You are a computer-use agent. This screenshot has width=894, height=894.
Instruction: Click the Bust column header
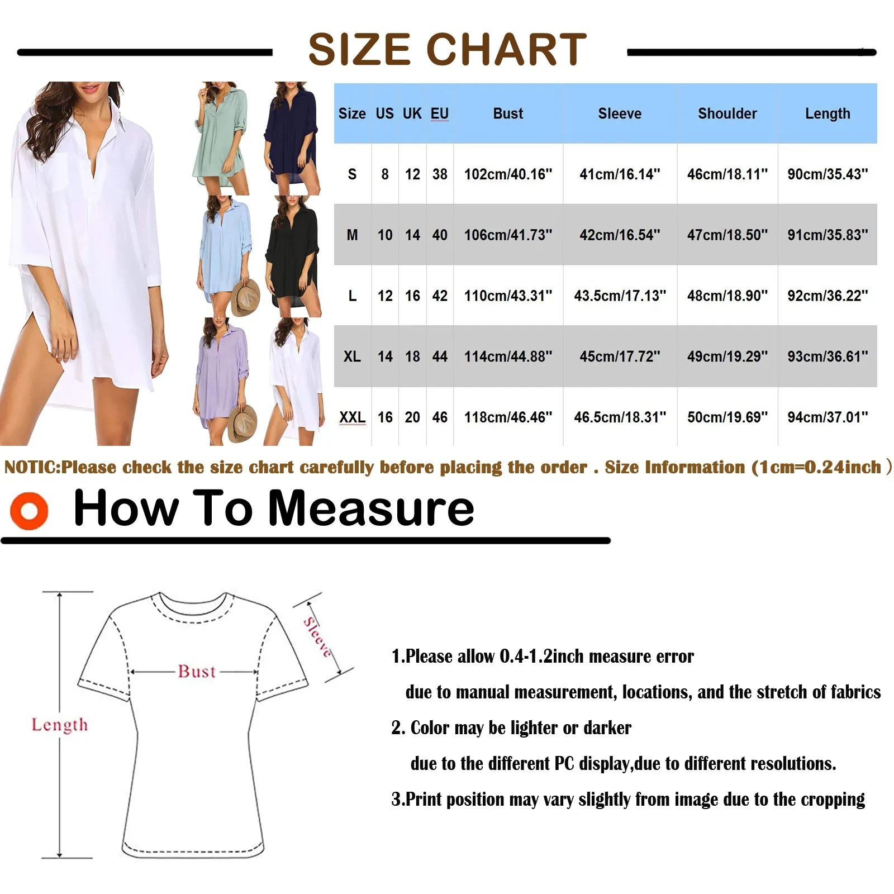(508, 113)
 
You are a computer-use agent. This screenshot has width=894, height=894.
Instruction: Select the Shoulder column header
(727, 113)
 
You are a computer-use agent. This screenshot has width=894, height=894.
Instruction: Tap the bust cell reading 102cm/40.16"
(508, 174)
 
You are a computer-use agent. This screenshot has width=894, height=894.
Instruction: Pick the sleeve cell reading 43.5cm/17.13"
(620, 296)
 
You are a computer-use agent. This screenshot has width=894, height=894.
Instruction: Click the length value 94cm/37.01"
(828, 417)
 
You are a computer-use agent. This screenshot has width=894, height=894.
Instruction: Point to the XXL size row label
(352, 417)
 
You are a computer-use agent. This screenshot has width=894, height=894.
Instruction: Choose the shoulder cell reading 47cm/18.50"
(727, 235)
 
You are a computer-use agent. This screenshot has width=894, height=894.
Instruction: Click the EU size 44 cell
(440, 356)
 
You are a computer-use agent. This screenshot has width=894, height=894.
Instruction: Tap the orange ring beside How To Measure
(29, 511)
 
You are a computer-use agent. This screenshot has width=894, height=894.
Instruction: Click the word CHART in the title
(506, 50)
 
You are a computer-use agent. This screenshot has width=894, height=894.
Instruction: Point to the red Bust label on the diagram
(197, 671)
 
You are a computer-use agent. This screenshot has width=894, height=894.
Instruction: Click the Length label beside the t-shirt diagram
(59, 725)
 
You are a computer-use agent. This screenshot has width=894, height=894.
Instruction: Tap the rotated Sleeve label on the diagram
(317, 637)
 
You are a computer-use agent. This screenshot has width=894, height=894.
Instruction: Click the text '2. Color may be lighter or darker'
(511, 727)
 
